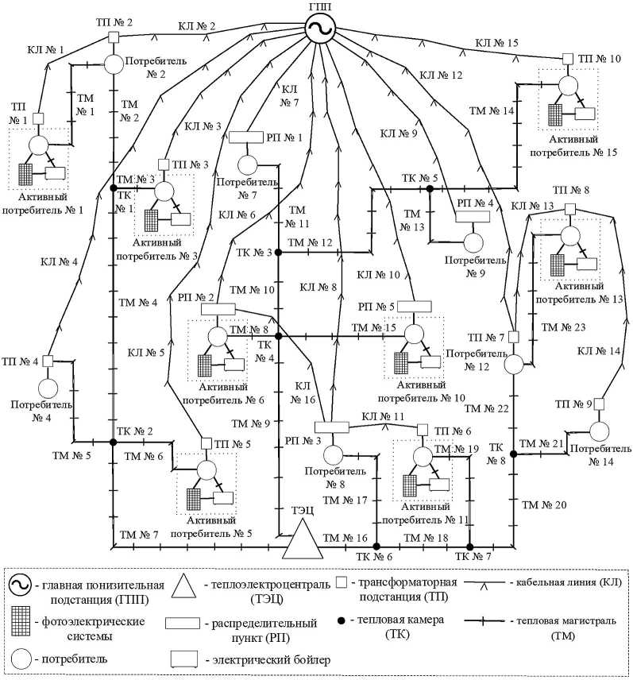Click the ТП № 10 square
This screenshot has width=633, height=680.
pos(568,58)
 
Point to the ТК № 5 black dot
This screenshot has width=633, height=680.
pos(430,188)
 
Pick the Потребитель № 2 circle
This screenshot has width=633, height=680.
pos(113,64)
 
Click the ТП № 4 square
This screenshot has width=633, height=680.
pos(48,361)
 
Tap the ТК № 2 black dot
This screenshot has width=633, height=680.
pos(113,442)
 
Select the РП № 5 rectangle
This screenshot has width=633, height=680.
pos(414,307)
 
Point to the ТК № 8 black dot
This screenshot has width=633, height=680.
pos(514,454)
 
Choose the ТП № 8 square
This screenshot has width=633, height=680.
pos(569,209)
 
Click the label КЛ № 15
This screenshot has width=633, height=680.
pos(497,42)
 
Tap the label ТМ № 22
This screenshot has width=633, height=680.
pos(485,408)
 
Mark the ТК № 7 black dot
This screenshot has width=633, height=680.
pos(469,547)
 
